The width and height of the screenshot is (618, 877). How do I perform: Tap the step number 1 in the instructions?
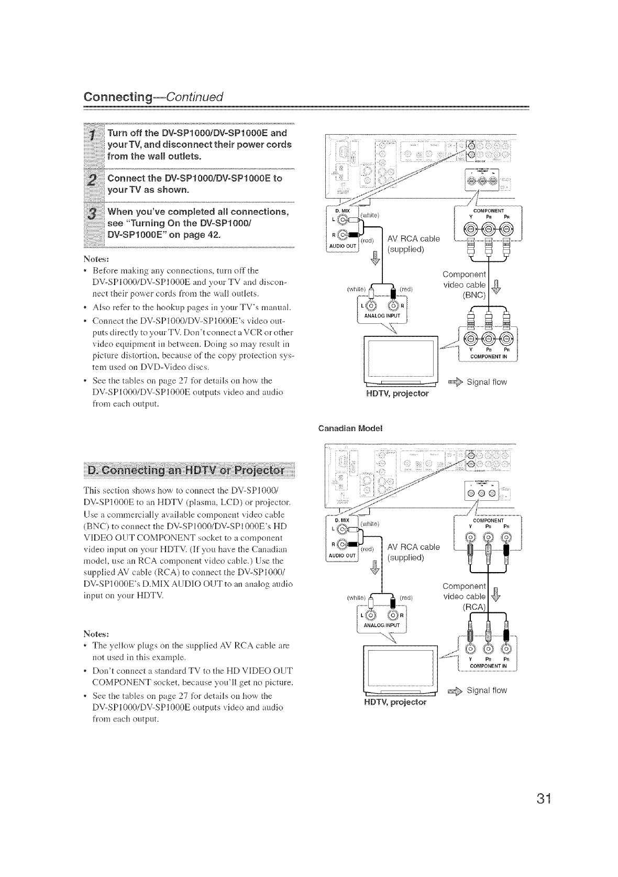tap(92, 138)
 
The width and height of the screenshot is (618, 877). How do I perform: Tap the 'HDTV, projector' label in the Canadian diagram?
tap(396, 701)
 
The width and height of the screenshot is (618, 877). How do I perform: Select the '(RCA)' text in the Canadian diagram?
tap(474, 607)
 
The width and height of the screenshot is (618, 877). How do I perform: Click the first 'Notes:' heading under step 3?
tap(94, 259)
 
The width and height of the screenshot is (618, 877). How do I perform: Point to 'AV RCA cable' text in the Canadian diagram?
tap(413, 547)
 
